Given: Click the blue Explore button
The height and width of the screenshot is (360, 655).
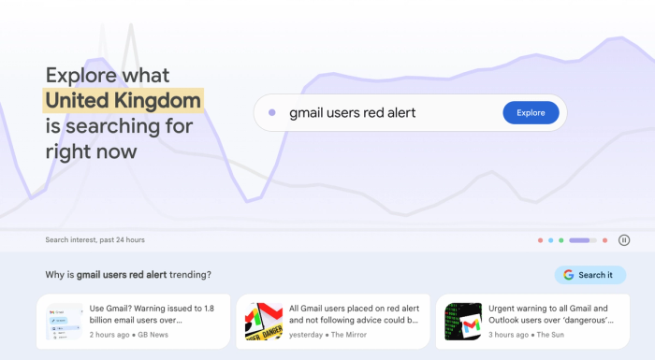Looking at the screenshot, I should (x=531, y=113).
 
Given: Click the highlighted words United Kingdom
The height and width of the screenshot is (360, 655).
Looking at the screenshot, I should (x=123, y=100).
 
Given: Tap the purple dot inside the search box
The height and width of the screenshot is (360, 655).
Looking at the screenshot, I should (x=271, y=113).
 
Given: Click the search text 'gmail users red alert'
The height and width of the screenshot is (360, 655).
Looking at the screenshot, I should (x=352, y=113).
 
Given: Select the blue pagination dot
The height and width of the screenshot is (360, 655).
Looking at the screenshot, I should (x=551, y=240).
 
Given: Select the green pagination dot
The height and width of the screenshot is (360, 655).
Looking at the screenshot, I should (x=561, y=240).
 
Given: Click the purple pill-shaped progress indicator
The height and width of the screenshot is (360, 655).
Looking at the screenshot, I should (x=579, y=240).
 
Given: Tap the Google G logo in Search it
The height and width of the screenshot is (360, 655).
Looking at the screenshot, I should (x=568, y=275).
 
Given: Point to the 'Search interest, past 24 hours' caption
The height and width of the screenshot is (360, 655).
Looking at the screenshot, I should (x=95, y=240).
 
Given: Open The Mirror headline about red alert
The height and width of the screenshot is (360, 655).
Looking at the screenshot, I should (x=354, y=313).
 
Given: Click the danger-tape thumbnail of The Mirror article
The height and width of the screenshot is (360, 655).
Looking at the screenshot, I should (x=264, y=322).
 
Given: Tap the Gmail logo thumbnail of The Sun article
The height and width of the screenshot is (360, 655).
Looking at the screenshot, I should (x=463, y=322).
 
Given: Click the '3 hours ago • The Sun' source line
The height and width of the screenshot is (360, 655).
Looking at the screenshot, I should (x=526, y=334).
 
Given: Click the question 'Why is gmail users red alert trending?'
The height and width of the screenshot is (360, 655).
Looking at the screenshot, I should (x=128, y=275).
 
